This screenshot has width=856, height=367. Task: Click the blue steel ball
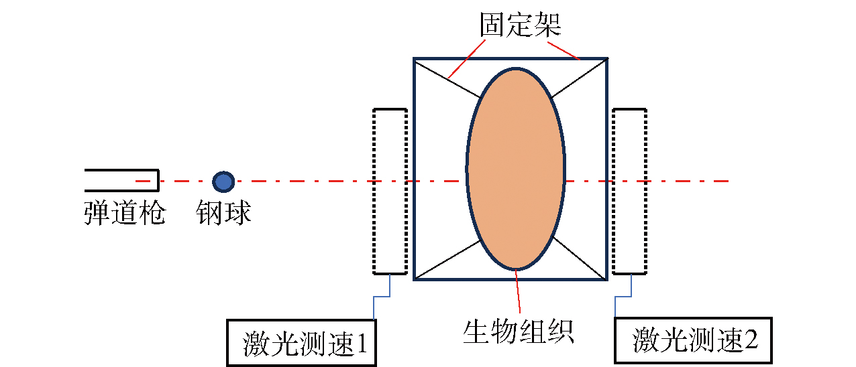coord(223,181)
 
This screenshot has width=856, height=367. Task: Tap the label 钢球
coord(223,213)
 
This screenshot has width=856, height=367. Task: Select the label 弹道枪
coord(125,213)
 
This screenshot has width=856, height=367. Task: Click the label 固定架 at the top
coord(520,25)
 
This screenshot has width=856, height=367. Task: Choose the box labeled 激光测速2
coord(693,341)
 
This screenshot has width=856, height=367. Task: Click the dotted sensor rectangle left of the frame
coord(390,191)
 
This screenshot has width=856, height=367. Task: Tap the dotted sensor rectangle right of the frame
coord(629,191)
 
